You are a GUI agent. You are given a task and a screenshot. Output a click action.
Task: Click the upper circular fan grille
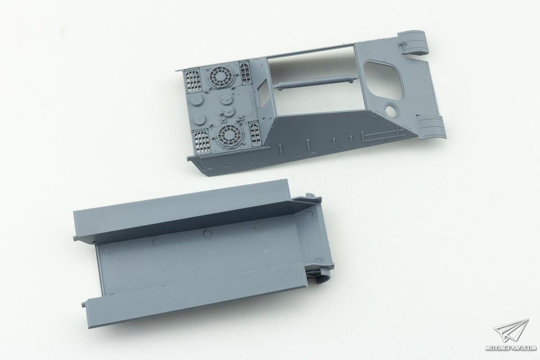pos(220,77)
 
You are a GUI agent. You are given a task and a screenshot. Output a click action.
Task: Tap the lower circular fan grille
pos(227,136)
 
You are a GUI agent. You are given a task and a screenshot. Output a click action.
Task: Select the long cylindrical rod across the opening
pos(316,82)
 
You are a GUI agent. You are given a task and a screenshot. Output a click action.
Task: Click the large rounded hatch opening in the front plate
pos(383,80)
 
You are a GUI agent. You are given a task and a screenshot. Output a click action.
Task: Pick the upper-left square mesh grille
pos(193,81)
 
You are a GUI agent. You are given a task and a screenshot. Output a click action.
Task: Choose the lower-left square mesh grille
pos(202,142)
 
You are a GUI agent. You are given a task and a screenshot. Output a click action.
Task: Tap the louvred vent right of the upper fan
pos(245,72)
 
